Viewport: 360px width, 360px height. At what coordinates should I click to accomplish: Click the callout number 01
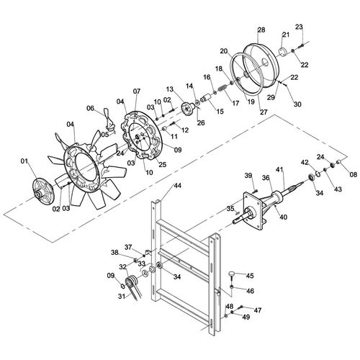(x=24, y=161)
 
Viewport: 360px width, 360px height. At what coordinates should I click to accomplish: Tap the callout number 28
(x=261, y=30)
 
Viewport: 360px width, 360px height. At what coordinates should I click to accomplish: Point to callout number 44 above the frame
(x=178, y=186)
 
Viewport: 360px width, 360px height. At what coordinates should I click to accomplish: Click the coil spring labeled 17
(x=222, y=89)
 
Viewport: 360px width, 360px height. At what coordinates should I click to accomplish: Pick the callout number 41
(x=279, y=169)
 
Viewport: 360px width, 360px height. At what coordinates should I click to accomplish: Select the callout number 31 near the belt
(x=122, y=297)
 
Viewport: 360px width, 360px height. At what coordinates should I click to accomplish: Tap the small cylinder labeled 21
(x=284, y=53)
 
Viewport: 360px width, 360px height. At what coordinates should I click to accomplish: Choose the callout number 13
(x=169, y=89)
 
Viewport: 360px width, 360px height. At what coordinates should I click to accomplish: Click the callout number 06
(x=90, y=108)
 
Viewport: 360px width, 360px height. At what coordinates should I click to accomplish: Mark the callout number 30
(x=297, y=104)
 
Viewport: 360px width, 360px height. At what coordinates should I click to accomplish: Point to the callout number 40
(x=284, y=217)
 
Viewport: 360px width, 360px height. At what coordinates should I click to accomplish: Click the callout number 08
(x=354, y=175)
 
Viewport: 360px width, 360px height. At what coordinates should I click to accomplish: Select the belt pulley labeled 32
(x=131, y=281)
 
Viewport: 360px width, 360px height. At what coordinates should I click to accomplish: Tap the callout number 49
(x=246, y=317)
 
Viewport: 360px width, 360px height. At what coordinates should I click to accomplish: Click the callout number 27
(x=264, y=112)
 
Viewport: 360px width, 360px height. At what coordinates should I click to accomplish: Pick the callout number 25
(x=163, y=165)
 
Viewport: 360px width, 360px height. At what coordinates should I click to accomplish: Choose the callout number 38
(x=114, y=252)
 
